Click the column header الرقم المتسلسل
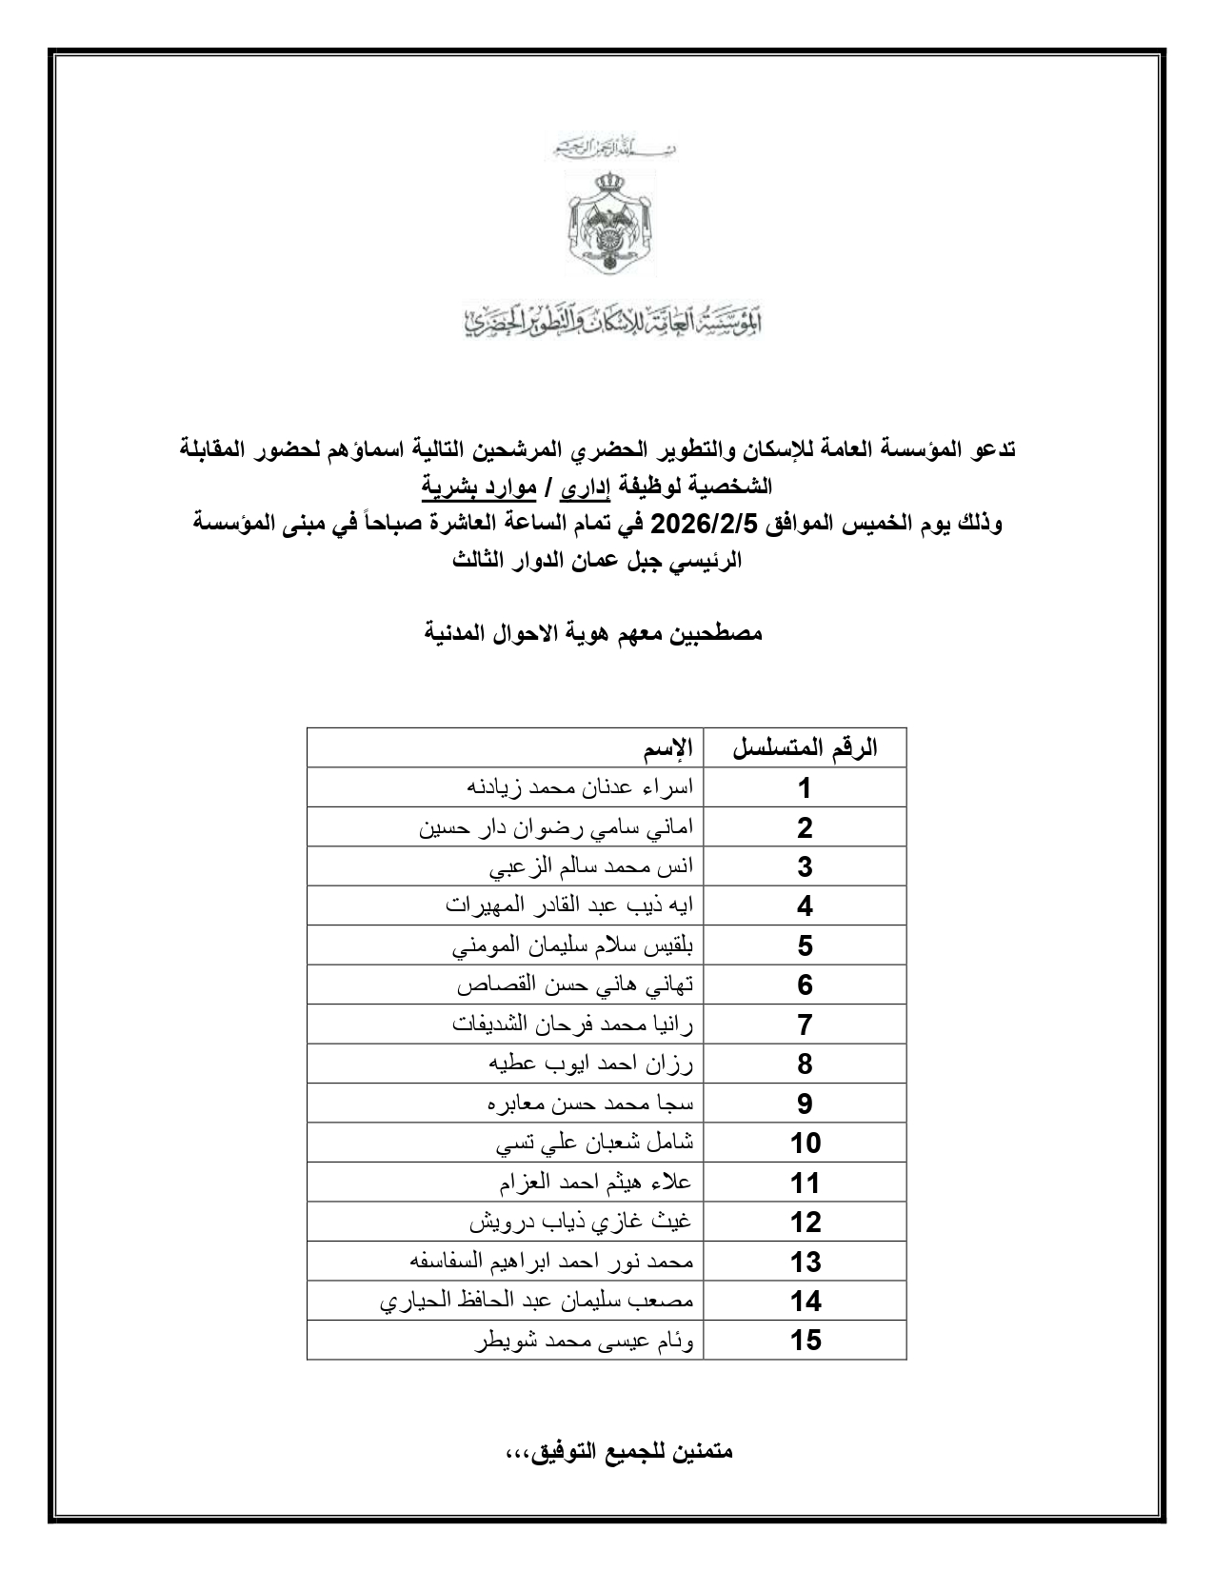click(x=805, y=748)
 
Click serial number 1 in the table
click(x=805, y=788)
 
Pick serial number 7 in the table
click(x=805, y=1024)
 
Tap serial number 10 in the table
click(x=805, y=1143)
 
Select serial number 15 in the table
click(x=805, y=1340)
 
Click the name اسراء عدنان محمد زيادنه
click(x=580, y=787)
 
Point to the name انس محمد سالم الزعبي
click(x=591, y=866)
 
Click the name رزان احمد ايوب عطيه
click(x=591, y=1064)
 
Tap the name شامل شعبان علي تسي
click(x=595, y=1143)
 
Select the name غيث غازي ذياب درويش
click(x=582, y=1222)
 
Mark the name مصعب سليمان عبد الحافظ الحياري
click(x=537, y=1301)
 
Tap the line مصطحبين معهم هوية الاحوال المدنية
click(x=593, y=633)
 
